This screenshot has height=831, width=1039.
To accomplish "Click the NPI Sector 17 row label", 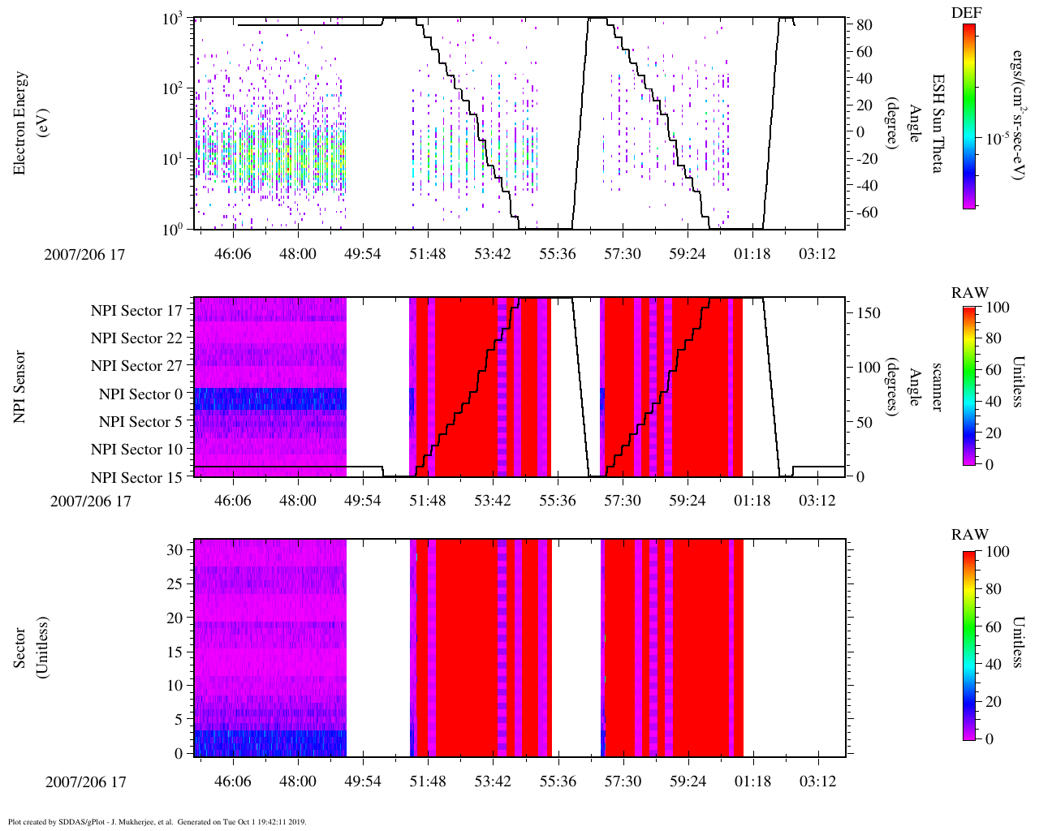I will tap(136, 310).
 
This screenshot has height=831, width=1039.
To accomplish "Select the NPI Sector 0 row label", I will tap(140, 394).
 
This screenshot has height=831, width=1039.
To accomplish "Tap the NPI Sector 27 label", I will tap(136, 366).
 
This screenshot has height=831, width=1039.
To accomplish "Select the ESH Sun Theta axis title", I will tap(937, 123).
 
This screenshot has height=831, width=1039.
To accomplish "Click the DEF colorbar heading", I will tap(967, 12).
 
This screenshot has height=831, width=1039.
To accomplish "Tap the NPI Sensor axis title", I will tap(20, 386).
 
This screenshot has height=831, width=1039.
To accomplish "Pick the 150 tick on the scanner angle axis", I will tap(869, 313).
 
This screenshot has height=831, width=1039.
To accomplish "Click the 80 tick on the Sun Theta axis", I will tap(865, 26).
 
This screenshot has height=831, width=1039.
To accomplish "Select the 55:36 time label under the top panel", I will tap(557, 254).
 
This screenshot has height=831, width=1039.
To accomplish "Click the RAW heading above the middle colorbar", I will tap(970, 293).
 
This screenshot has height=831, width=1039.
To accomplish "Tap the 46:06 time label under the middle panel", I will tap(233, 501).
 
